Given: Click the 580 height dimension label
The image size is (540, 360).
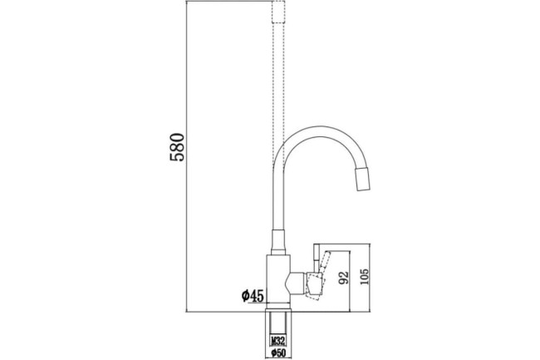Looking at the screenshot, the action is (x=178, y=147).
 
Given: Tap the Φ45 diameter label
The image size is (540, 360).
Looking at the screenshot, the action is (x=253, y=296).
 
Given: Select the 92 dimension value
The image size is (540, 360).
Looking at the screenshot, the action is (x=343, y=278).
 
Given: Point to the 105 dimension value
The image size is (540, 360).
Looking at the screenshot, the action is (x=364, y=276).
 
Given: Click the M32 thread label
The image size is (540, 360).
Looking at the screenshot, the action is (x=278, y=341).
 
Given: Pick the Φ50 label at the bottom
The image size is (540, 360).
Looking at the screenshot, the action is (x=278, y=353).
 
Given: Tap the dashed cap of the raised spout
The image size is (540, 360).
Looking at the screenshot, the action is (x=278, y=12).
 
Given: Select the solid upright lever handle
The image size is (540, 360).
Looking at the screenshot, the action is (x=317, y=258).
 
